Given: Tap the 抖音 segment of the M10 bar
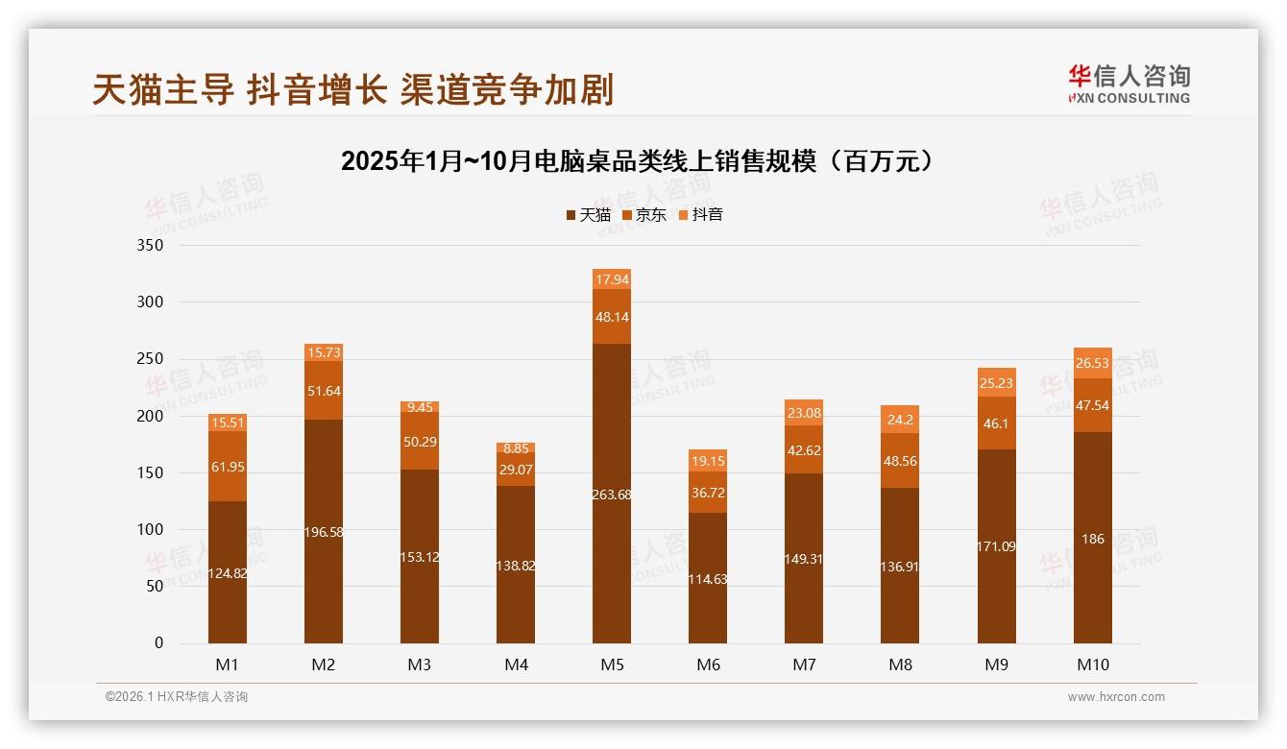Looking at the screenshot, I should pyautogui.click(x=1093, y=363).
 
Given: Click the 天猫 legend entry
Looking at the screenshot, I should pyautogui.click(x=588, y=214).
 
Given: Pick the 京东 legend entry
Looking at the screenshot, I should pyautogui.click(x=644, y=214).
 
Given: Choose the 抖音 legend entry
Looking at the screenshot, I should pyautogui.click(x=701, y=214).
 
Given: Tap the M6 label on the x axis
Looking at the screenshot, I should pyautogui.click(x=708, y=664).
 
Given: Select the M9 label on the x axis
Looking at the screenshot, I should pyautogui.click(x=997, y=664).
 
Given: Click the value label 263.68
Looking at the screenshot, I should pyautogui.click(x=612, y=495).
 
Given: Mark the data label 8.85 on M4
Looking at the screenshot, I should pyautogui.click(x=516, y=448).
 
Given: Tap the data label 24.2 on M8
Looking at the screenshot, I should pyautogui.click(x=900, y=420).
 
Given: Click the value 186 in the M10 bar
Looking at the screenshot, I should pyautogui.click(x=1093, y=539).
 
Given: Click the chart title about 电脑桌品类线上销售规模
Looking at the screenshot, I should pyautogui.click(x=637, y=161).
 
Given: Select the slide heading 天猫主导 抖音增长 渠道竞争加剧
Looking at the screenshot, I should pyautogui.click(x=352, y=89).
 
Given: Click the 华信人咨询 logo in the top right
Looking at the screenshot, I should pyautogui.click(x=1129, y=84).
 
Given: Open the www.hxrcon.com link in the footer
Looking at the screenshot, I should pyautogui.click(x=1116, y=697).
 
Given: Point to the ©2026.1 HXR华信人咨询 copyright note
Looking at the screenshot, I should pyautogui.click(x=177, y=697).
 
